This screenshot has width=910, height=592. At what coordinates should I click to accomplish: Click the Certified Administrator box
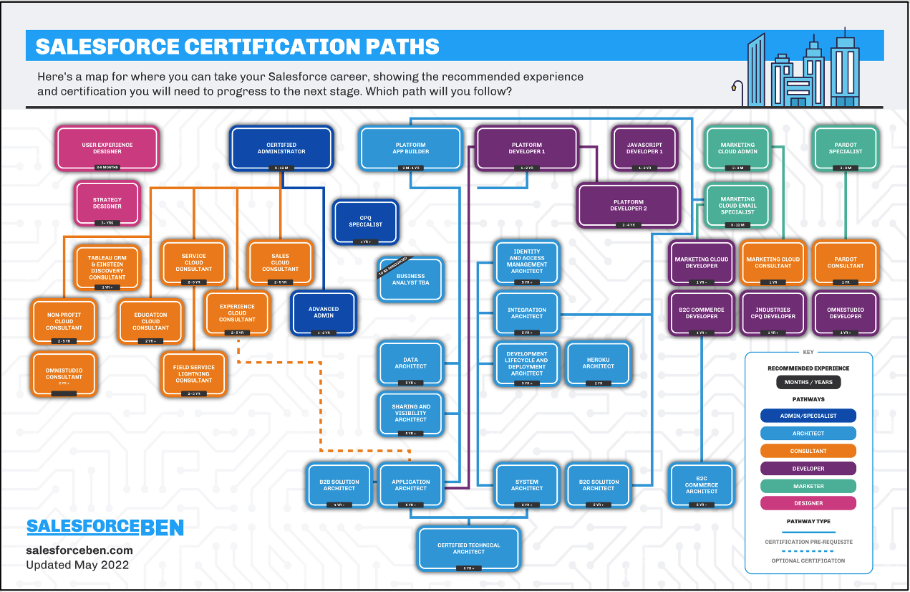pyautogui.click(x=281, y=148)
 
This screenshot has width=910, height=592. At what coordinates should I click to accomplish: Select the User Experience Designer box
pyautogui.click(x=107, y=148)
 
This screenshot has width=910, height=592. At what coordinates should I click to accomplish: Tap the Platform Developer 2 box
pyautogui.click(x=627, y=206)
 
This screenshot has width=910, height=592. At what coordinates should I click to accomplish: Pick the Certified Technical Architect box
pyautogui.click(x=468, y=549)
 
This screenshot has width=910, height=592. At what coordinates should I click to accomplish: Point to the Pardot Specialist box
pyautogui.click(x=846, y=148)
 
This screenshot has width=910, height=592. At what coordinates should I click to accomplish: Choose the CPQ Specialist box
pyautogui.click(x=365, y=221)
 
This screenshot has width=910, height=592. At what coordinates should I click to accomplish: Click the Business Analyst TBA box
pyautogui.click(x=410, y=280)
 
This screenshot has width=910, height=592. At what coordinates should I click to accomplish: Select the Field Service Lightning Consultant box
pyautogui.click(x=194, y=374)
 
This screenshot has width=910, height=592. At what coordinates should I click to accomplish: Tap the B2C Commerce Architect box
pyautogui.click(x=701, y=486)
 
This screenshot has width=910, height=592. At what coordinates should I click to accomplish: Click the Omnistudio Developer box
pyautogui.click(x=846, y=313)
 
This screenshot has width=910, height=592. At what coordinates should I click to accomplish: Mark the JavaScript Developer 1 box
pyautogui.click(x=644, y=148)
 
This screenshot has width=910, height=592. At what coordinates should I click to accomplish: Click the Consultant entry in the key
pyautogui.click(x=808, y=451)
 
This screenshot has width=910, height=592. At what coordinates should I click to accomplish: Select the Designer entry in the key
pyautogui.click(x=808, y=503)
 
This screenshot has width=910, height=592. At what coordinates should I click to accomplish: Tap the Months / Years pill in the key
pyautogui.click(x=808, y=382)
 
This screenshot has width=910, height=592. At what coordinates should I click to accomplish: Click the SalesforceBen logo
pyautogui.click(x=105, y=527)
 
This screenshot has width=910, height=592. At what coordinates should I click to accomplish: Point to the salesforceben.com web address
pyautogui.click(x=79, y=550)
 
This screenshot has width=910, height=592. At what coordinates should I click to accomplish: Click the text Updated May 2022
pyautogui.click(x=77, y=565)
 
